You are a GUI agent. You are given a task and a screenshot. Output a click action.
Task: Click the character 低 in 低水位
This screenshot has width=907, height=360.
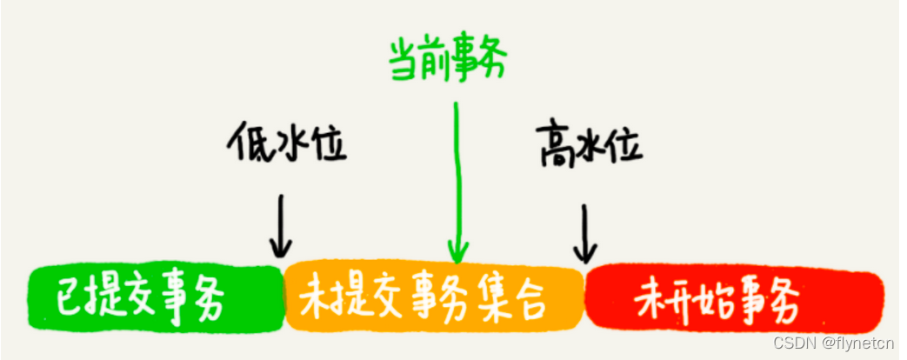pyautogui.click(x=249, y=144)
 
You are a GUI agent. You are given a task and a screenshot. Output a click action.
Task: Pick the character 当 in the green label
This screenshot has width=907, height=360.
pyautogui.click(x=403, y=60)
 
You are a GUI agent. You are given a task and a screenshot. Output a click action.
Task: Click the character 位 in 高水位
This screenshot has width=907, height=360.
pyautogui.click(x=624, y=146)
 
